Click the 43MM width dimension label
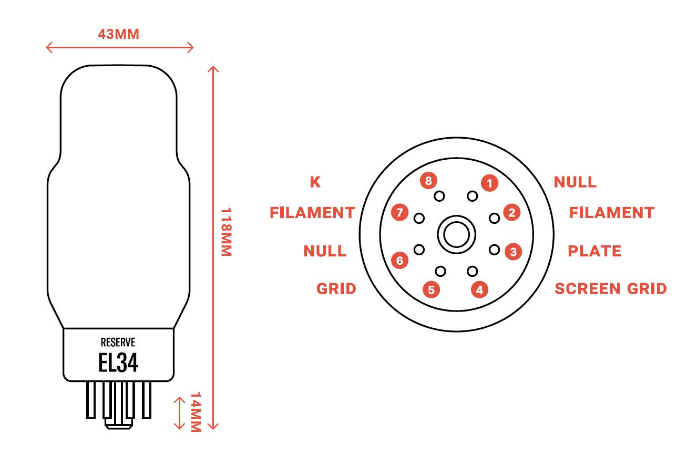118,34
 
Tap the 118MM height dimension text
227,232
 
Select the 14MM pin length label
196,412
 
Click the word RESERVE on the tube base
118,343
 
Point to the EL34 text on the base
118,362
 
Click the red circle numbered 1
489,183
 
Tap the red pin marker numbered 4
480,289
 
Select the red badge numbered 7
399,212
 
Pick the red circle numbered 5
431,289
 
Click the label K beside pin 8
315,182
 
